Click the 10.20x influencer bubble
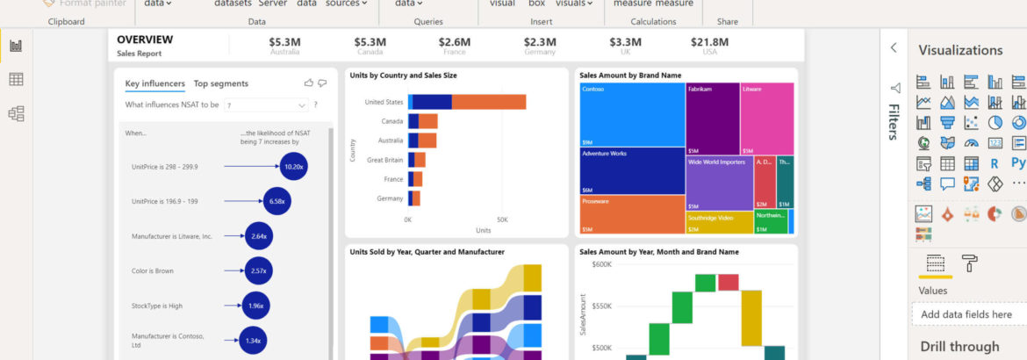coord(294,166)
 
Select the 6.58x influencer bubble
coord(277,201)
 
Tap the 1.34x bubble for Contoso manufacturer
coord(253,340)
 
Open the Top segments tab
coord(220,83)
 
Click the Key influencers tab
coord(154,83)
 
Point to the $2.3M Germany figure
coord(539,41)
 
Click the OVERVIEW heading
coord(145,40)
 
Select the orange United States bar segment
coord(489,102)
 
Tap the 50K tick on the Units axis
coord(501,220)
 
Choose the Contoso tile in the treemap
coord(632,114)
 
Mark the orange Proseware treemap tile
coord(632,213)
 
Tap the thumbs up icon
coord(308,83)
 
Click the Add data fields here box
coord(966,314)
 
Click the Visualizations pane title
coord(960,50)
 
